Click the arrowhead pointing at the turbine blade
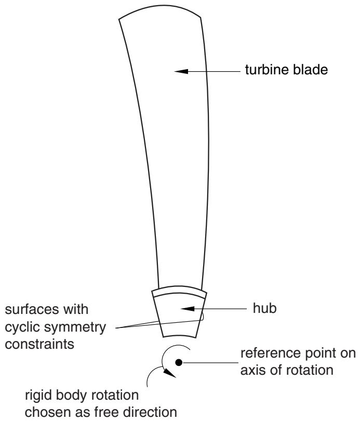181,71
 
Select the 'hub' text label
264,308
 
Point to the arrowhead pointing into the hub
188,309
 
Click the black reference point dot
179,362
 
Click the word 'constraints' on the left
39,344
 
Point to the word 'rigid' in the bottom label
36,396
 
